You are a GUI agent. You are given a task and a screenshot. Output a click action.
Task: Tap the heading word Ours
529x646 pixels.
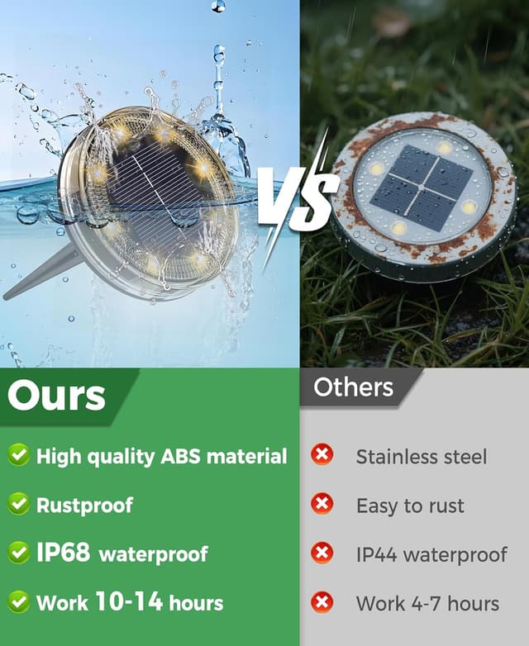(x=56, y=396)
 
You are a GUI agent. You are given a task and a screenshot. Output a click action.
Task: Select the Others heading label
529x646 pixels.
(x=353, y=387)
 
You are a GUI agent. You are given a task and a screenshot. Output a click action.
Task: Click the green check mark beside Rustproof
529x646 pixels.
(x=18, y=504)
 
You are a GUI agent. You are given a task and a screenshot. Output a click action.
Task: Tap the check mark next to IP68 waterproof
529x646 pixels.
(x=18, y=553)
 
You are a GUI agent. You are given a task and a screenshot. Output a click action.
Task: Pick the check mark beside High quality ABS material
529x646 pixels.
(x=18, y=455)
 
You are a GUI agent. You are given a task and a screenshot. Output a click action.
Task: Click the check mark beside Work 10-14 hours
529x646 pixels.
(x=18, y=601)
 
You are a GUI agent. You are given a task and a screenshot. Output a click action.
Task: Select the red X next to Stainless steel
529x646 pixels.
(x=322, y=454)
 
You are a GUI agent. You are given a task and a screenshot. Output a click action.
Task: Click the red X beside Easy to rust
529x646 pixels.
(x=322, y=503)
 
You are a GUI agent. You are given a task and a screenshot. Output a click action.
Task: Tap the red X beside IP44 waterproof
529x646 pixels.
(x=322, y=553)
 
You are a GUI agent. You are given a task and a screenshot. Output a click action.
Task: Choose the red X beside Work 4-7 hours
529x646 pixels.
(x=322, y=602)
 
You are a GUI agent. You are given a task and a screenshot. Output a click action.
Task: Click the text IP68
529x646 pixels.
(x=63, y=552)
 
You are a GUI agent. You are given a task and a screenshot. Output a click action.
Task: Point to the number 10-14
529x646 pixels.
(x=129, y=601)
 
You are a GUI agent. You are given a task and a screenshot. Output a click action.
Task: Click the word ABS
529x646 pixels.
(x=180, y=456)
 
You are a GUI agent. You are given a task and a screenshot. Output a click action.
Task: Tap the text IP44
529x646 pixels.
(x=376, y=554)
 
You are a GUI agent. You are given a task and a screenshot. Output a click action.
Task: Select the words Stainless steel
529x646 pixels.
(x=422, y=457)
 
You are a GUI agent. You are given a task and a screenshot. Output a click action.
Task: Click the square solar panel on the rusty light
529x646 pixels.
(x=421, y=188)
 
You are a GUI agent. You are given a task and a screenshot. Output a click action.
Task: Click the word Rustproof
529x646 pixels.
(x=84, y=506)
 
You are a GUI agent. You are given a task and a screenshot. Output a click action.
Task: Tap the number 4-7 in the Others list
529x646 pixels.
(x=427, y=604)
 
